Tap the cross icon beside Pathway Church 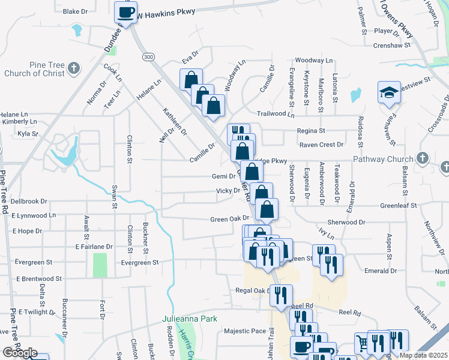tap(423, 158)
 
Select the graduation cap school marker tap(388, 92)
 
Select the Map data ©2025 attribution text tap(424, 355)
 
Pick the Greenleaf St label tap(399, 205)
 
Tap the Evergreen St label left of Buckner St tap(139, 262)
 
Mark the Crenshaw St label tap(391, 45)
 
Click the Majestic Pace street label tap(245, 331)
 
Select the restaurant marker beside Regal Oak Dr tap(280, 295)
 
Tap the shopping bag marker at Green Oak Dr tap(267, 210)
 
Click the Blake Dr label tap(75, 11)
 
